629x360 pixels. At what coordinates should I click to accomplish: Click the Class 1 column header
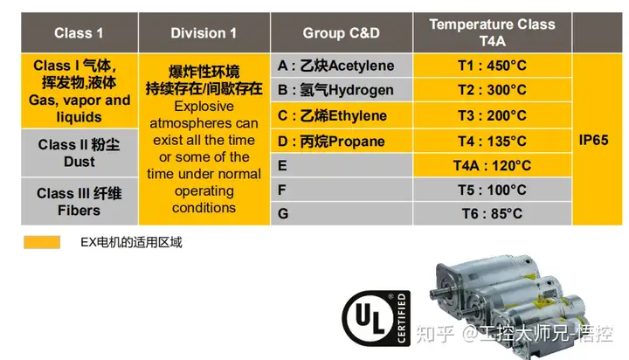79,32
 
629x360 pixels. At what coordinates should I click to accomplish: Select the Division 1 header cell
204,32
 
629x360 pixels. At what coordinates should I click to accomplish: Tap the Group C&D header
342,32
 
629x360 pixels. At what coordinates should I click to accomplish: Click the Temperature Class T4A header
492,32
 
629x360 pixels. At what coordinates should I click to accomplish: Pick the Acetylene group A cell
342,66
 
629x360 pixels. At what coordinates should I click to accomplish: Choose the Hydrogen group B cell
342,90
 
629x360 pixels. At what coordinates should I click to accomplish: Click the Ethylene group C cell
342,115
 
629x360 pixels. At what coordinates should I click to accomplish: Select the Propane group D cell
342,141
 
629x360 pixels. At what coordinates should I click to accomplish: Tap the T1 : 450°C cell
492,66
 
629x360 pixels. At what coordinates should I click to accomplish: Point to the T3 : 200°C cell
492,115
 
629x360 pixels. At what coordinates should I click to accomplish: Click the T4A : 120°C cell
492,165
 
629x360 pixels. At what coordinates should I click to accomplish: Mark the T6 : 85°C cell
492,213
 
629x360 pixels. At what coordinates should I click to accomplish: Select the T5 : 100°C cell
492,190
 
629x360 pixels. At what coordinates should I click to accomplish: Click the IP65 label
594,140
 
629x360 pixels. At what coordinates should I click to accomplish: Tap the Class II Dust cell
79,153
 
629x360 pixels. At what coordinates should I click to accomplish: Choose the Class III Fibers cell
79,202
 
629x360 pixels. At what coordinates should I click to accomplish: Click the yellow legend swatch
42,242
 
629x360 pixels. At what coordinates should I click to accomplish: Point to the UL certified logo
377,318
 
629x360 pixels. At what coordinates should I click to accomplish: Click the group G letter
283,213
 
